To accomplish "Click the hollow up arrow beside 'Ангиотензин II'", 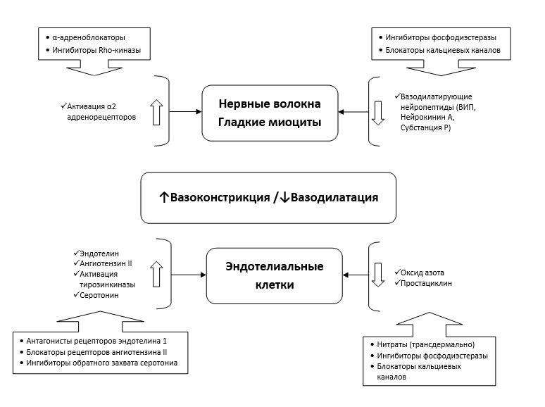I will (x=156, y=273).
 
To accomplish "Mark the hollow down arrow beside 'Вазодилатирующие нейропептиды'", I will (x=378, y=113).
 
